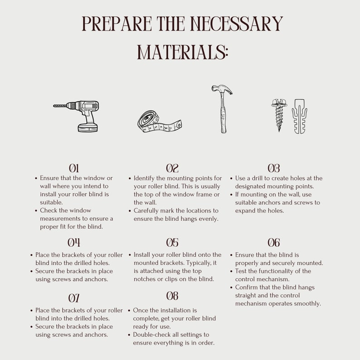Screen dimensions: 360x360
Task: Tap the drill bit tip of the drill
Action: (54, 106)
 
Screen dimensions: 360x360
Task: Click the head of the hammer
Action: (222, 90)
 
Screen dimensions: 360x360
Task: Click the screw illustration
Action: (279, 115)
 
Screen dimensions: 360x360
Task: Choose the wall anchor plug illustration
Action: (299, 116)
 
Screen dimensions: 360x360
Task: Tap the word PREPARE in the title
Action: (117, 24)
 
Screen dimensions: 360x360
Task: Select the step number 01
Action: (74, 168)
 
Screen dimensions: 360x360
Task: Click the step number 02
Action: (172, 168)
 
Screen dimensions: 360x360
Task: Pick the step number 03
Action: (274, 168)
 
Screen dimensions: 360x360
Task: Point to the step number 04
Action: (74, 243)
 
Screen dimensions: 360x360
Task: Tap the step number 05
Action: (172, 243)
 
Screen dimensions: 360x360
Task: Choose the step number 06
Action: (274, 243)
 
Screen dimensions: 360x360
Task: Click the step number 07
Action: (74, 298)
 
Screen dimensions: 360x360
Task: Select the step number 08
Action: (172, 296)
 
